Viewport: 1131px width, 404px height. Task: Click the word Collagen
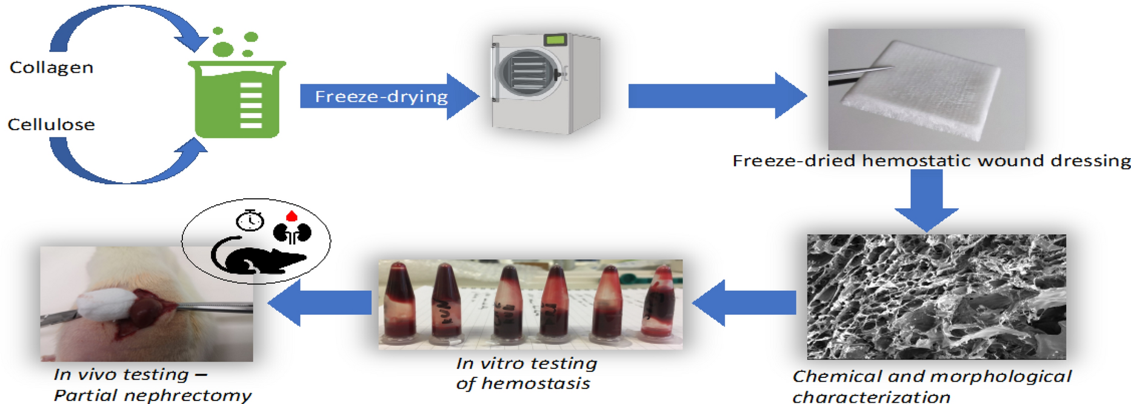point(52,67)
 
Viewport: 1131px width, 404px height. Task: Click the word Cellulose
point(52,125)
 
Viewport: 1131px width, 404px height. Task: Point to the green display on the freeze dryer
point(555,41)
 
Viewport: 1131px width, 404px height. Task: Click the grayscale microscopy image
point(936,297)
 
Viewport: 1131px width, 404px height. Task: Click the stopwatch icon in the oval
point(250,221)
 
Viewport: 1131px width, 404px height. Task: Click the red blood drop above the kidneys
point(292,216)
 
